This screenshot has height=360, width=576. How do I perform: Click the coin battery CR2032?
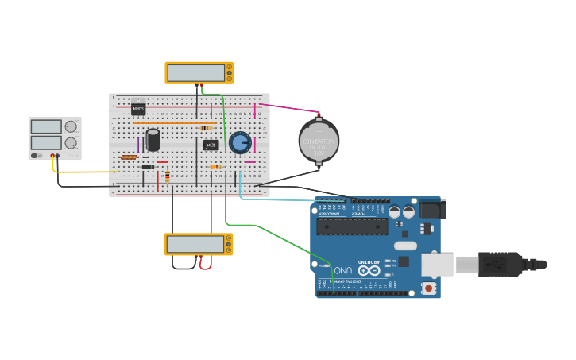click(319, 141)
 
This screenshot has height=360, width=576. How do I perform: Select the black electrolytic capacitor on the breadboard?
click(153, 140)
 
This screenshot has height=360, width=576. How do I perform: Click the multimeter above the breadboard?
click(199, 72)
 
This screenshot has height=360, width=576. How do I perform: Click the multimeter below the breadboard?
click(198, 244)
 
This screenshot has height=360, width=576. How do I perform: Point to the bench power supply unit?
click(55, 137)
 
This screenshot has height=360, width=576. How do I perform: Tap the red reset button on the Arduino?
click(428, 288)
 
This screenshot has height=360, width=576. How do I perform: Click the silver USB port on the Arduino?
click(436, 265)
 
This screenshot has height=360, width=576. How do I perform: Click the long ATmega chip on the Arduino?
click(352, 226)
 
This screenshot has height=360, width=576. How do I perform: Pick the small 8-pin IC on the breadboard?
click(211, 145)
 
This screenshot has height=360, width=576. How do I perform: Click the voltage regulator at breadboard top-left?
click(138, 108)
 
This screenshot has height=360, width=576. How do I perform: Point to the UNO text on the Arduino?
click(342, 270)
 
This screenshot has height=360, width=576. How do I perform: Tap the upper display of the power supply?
click(45, 126)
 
